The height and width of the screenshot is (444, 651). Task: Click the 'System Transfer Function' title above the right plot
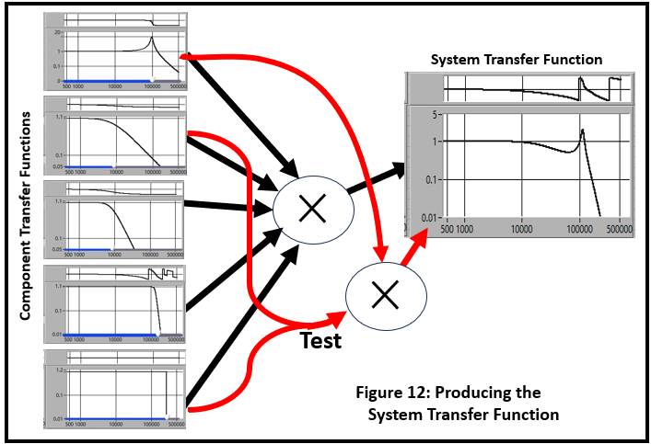click(x=517, y=60)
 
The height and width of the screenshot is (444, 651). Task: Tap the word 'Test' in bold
click(x=321, y=341)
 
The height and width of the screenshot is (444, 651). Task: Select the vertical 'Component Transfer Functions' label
click(x=26, y=217)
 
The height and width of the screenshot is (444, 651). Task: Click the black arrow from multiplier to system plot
click(x=378, y=178)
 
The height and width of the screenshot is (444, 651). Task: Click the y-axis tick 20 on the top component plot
click(x=57, y=32)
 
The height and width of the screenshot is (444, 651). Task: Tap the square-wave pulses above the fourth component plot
click(x=160, y=273)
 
